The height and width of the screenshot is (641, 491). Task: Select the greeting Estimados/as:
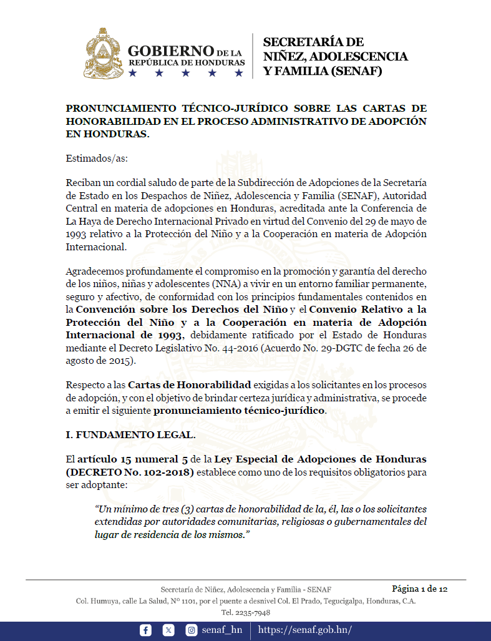97,158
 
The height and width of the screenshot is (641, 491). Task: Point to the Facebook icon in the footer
146,630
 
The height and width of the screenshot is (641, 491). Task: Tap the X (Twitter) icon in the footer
168,630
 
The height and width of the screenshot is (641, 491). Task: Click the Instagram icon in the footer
192,630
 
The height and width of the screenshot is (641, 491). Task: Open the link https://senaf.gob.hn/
304,630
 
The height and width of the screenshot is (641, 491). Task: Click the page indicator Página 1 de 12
419,589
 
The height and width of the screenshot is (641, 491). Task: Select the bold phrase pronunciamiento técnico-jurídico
240,411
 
